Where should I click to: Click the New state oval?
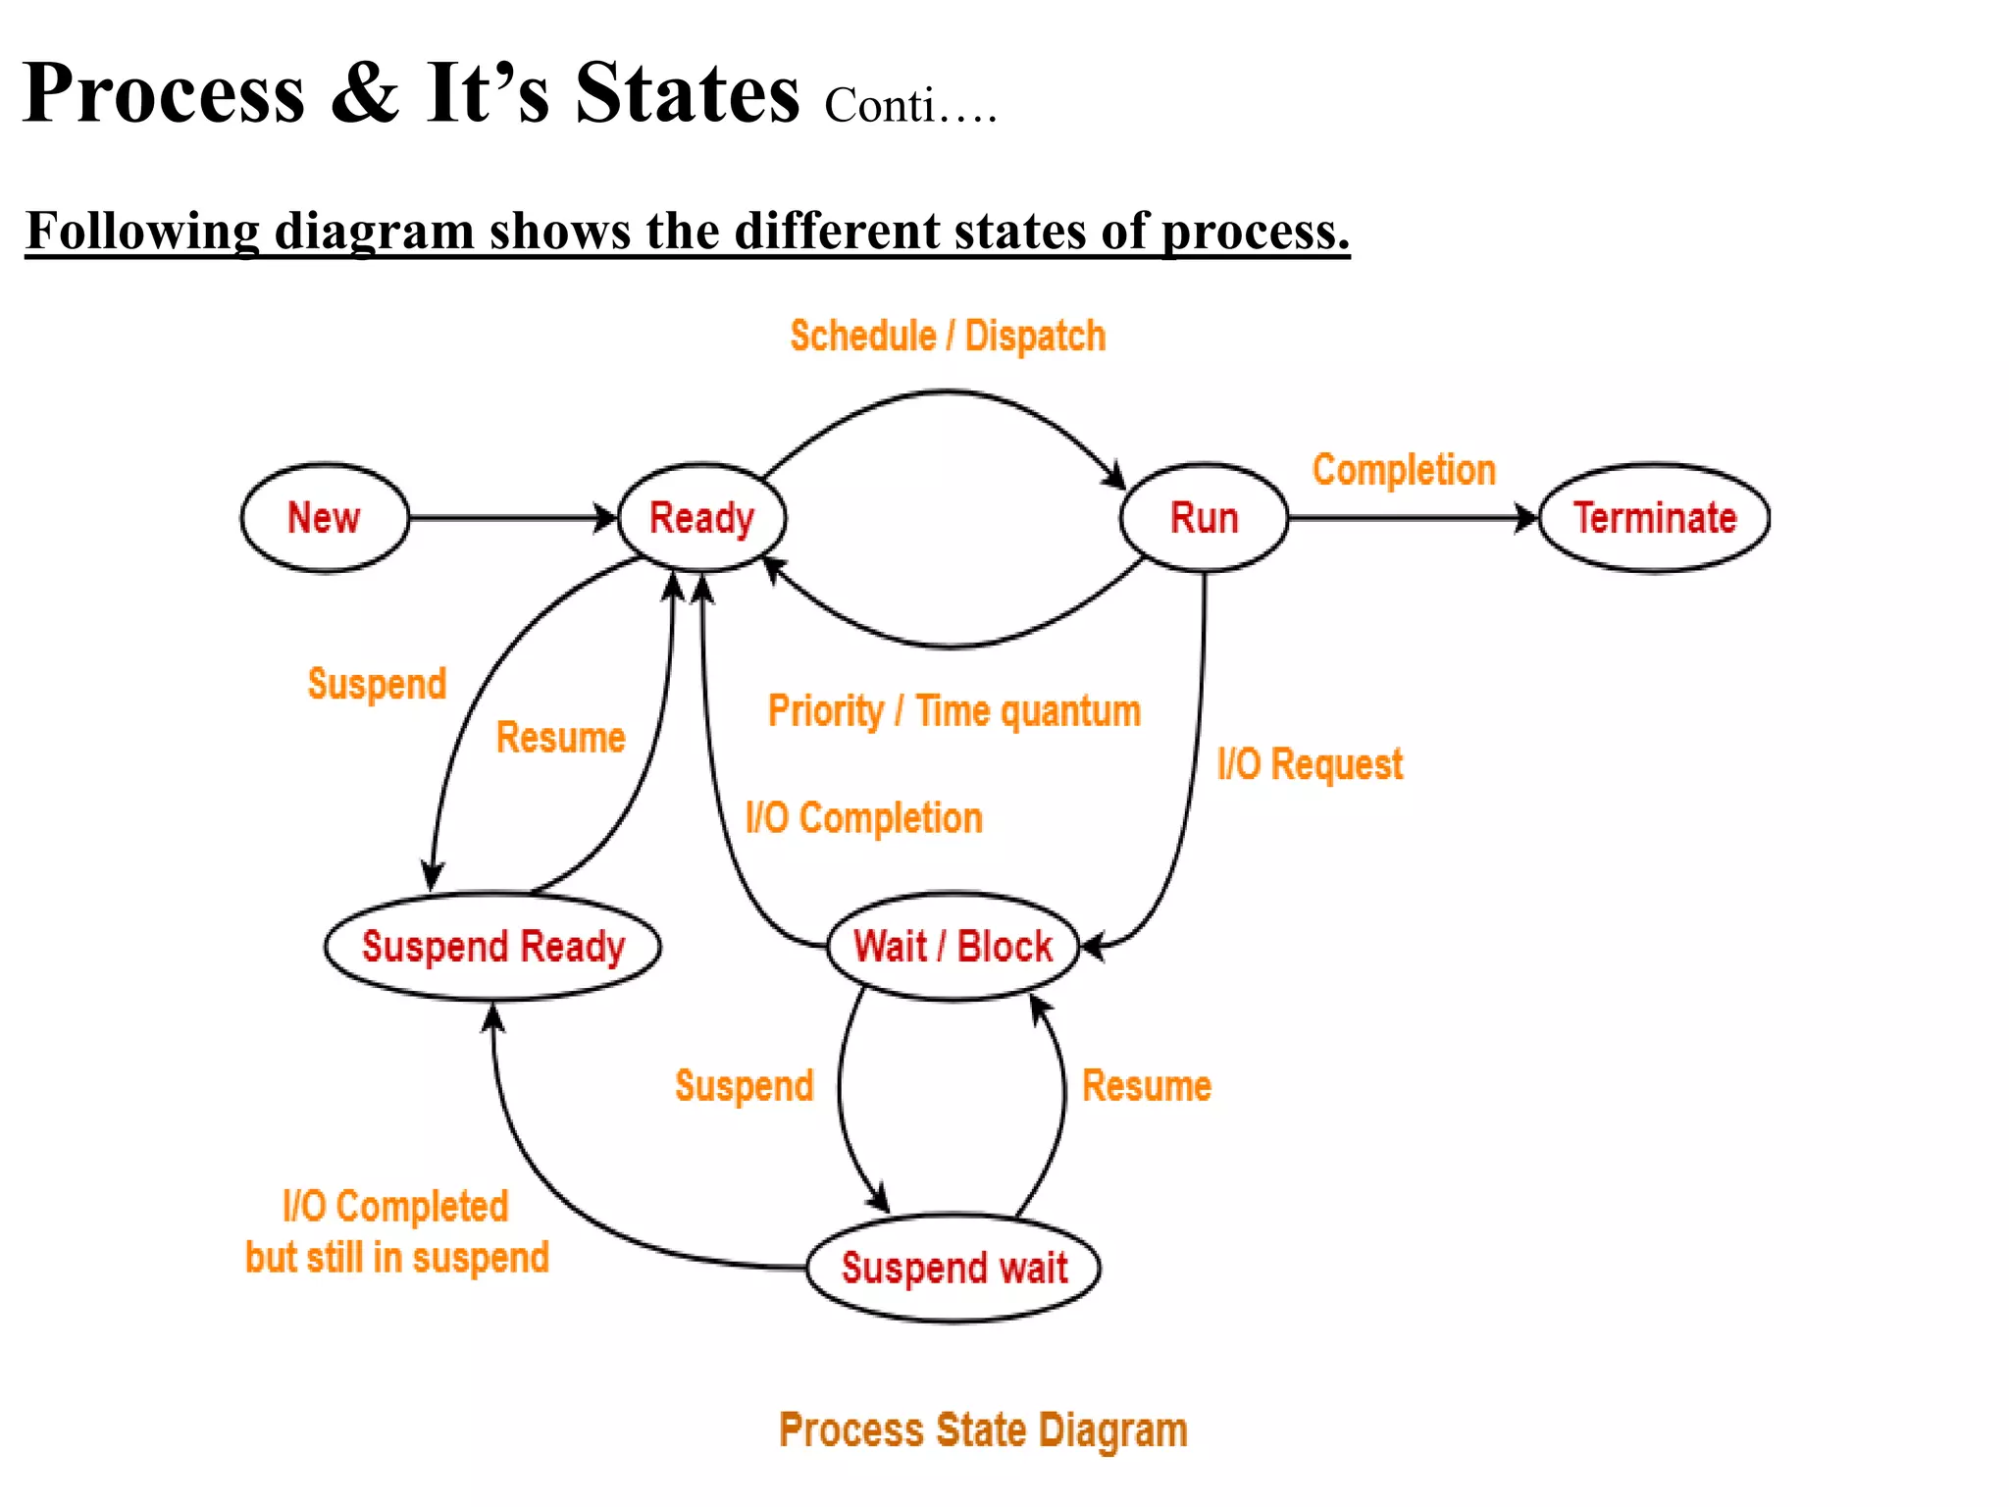tap(325, 517)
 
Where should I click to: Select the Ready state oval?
tap(701, 517)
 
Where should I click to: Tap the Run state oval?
tap(1204, 517)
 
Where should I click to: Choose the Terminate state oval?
tap(1655, 517)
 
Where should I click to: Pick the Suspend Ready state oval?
tap(492, 947)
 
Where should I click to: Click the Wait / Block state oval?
tap(953, 947)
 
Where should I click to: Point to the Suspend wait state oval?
tap(953, 1268)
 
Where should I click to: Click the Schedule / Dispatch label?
tap(948, 337)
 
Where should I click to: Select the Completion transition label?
tap(1404, 470)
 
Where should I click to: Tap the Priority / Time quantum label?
tap(953, 711)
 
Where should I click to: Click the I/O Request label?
tap(1310, 764)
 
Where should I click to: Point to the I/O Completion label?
tap(863, 818)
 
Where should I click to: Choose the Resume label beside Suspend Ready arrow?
tap(560, 738)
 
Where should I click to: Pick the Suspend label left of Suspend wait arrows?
tap(744, 1086)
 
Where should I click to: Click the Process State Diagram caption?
tap(983, 1430)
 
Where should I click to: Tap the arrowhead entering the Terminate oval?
tap(1526, 518)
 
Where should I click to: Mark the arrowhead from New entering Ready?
tap(605, 518)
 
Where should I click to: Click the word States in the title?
tap(687, 93)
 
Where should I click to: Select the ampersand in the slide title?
tap(365, 93)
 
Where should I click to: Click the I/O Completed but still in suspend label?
tap(396, 1232)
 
